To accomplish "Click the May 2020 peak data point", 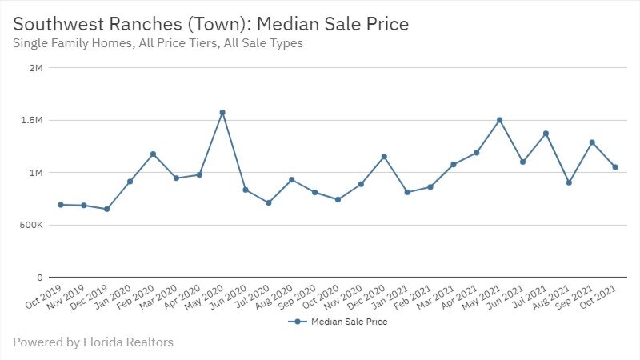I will coord(222,112).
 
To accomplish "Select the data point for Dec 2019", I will coord(106,209).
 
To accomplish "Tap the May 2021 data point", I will coord(499,120).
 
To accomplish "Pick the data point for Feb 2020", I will coord(153,154).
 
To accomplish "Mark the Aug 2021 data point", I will coord(569,182).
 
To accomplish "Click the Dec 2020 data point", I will coord(384,157).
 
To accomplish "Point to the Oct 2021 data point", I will coord(615,167).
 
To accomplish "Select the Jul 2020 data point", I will coord(268,202).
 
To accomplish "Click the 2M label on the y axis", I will coord(34,68).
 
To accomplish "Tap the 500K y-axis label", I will coord(30,225).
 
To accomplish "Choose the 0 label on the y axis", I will coord(38,278).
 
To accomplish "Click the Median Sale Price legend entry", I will coord(342,322).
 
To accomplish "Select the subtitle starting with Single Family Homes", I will coord(158,43).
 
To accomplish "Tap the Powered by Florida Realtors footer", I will coord(93,342).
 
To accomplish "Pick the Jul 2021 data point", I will coord(546,134).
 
